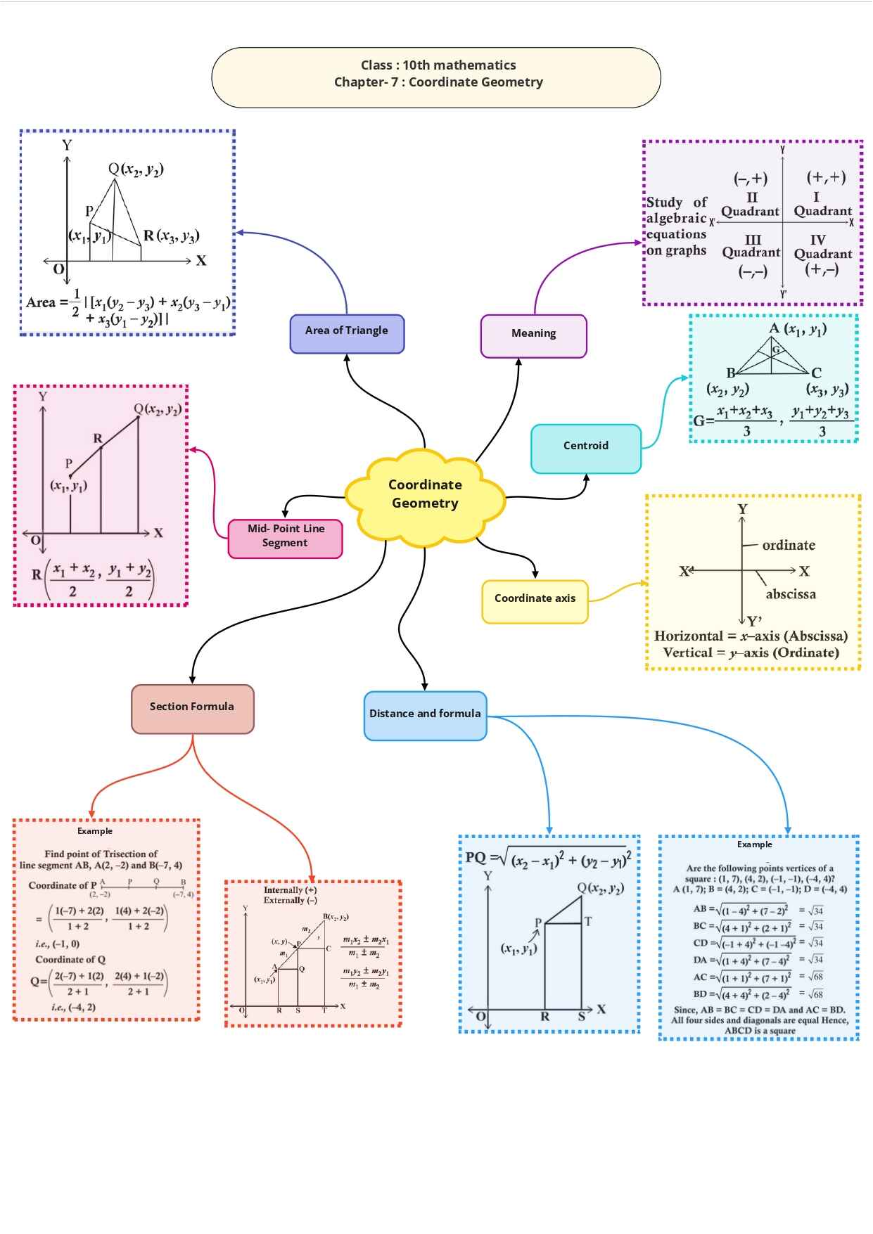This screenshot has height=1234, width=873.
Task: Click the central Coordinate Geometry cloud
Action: tap(425, 494)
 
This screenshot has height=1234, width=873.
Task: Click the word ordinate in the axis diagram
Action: tap(789, 545)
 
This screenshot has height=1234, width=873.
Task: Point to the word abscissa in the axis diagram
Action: tap(791, 594)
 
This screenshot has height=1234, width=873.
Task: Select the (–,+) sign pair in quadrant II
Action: tap(751, 179)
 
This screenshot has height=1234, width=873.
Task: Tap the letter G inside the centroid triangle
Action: tap(776, 349)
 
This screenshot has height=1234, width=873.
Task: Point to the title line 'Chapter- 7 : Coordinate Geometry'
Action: tap(438, 82)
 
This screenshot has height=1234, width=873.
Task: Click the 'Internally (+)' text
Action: tap(290, 890)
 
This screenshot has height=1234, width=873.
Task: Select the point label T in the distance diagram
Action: tap(588, 922)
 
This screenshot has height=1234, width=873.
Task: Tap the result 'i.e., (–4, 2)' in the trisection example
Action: tap(73, 1008)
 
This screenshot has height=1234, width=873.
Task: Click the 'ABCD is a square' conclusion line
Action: tap(760, 1031)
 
